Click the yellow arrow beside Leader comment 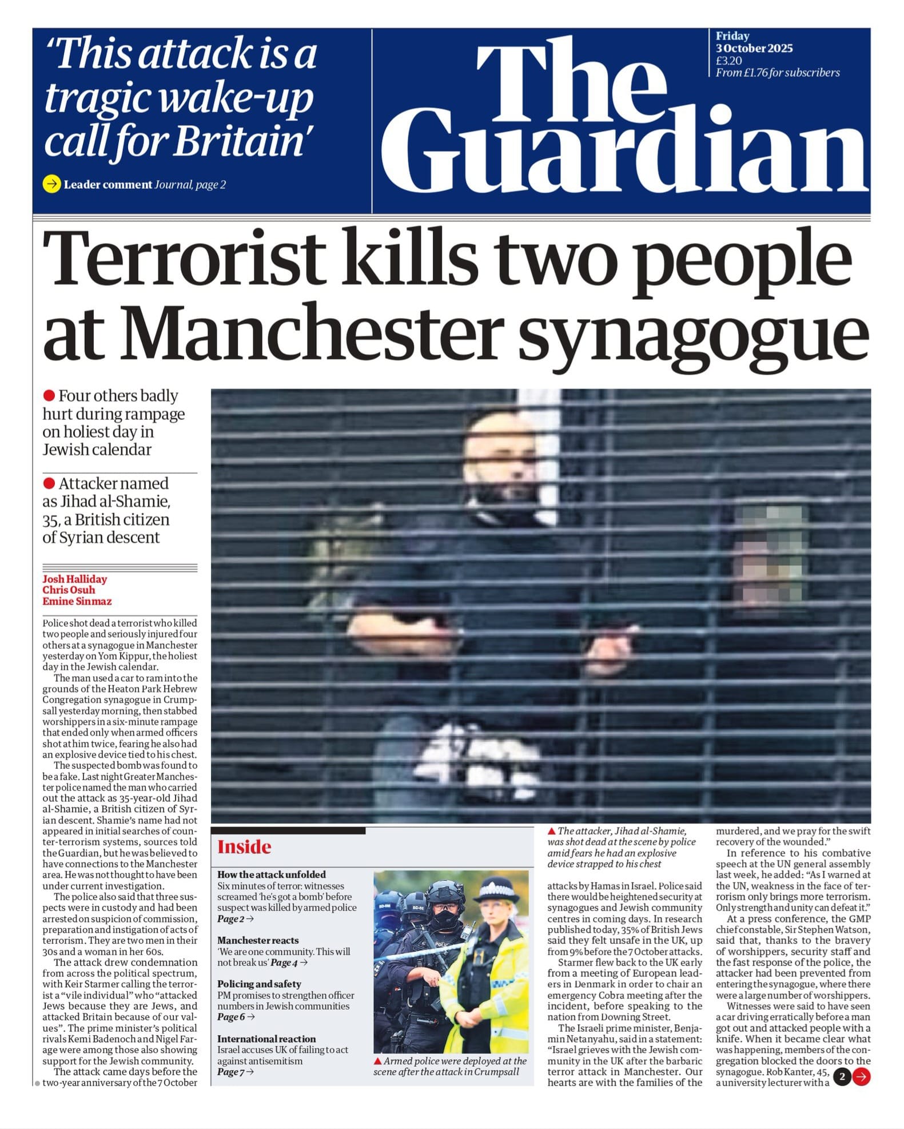(51, 184)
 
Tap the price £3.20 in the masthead (728, 61)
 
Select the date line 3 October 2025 (754, 48)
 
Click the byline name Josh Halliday (74, 579)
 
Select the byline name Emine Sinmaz (77, 601)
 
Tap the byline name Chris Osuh (69, 590)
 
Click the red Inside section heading (244, 846)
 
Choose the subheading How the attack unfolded (271, 874)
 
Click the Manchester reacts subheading (258, 940)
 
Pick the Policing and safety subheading (259, 984)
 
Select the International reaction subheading (266, 1039)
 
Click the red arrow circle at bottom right (861, 1077)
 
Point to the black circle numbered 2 (842, 1077)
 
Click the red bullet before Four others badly (49, 396)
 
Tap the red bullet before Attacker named (49, 484)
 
